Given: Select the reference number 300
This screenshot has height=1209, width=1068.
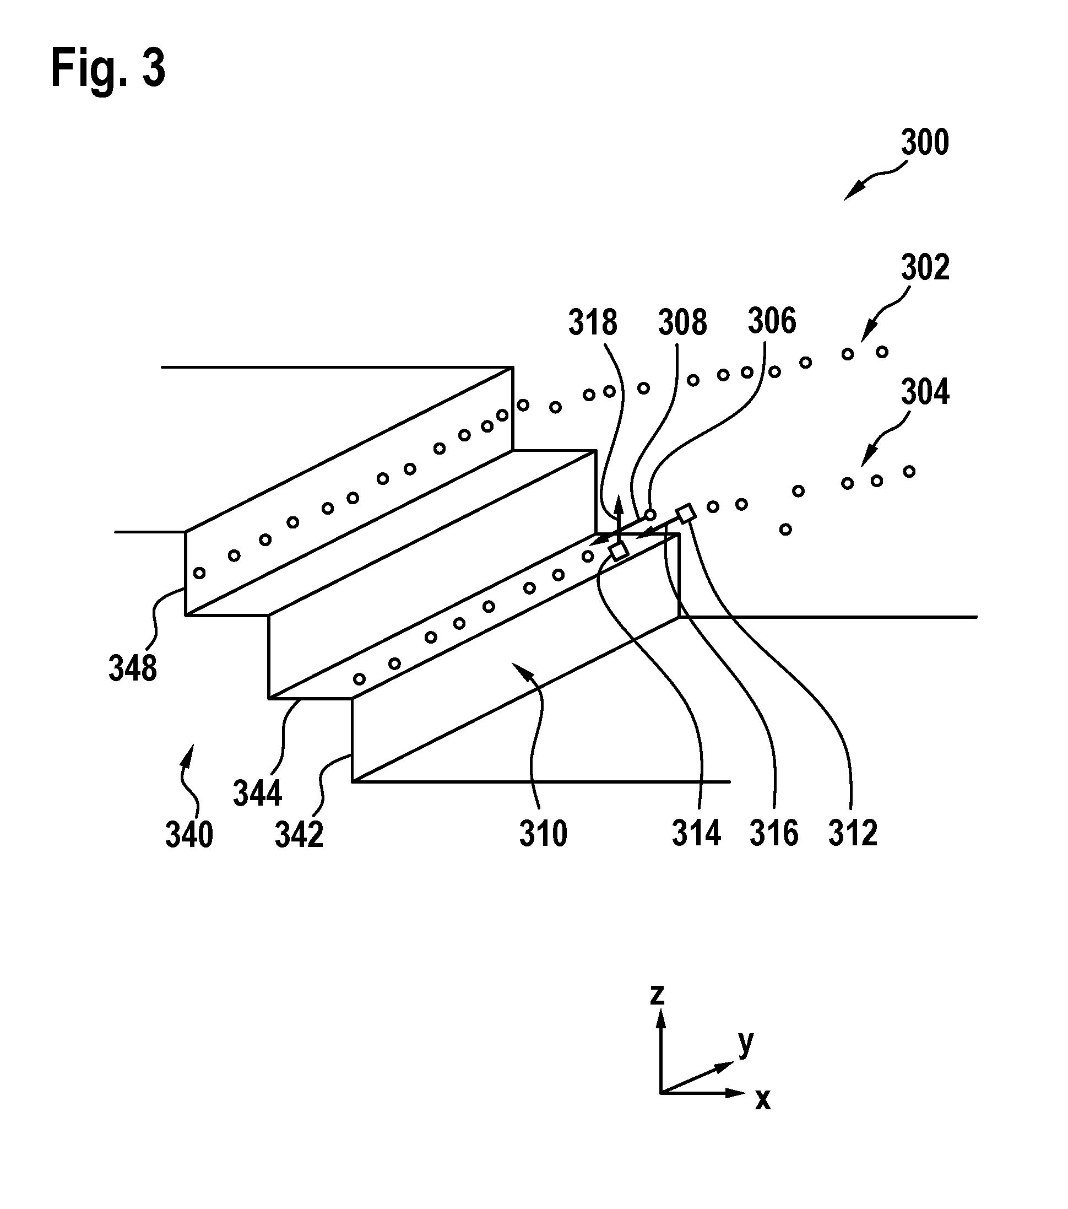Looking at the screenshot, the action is click(925, 143).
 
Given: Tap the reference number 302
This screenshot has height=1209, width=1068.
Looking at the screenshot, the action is click(925, 267).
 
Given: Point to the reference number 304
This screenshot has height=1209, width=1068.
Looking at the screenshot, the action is click(925, 392).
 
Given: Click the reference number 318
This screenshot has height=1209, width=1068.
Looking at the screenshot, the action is click(593, 323).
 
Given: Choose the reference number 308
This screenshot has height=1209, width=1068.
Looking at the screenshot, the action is click(682, 323).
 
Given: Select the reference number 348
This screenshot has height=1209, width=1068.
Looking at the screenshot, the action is click(132, 668).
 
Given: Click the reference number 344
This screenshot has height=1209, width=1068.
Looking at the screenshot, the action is click(257, 793).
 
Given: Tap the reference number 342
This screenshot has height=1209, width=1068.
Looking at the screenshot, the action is click(299, 835).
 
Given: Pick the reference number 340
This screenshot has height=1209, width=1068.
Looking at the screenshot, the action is click(189, 835).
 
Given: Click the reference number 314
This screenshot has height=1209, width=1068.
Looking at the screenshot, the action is click(696, 833).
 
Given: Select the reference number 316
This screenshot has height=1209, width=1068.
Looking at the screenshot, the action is click(774, 833).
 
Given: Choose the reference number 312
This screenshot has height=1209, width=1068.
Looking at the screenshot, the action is click(853, 833).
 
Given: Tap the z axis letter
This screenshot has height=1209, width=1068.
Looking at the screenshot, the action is click(657, 994).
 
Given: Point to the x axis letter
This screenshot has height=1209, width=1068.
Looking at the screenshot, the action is click(763, 1099).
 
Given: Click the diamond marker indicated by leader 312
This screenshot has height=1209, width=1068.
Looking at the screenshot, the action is click(685, 514).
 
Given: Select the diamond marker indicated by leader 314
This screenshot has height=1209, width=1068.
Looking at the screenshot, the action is click(618, 551).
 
